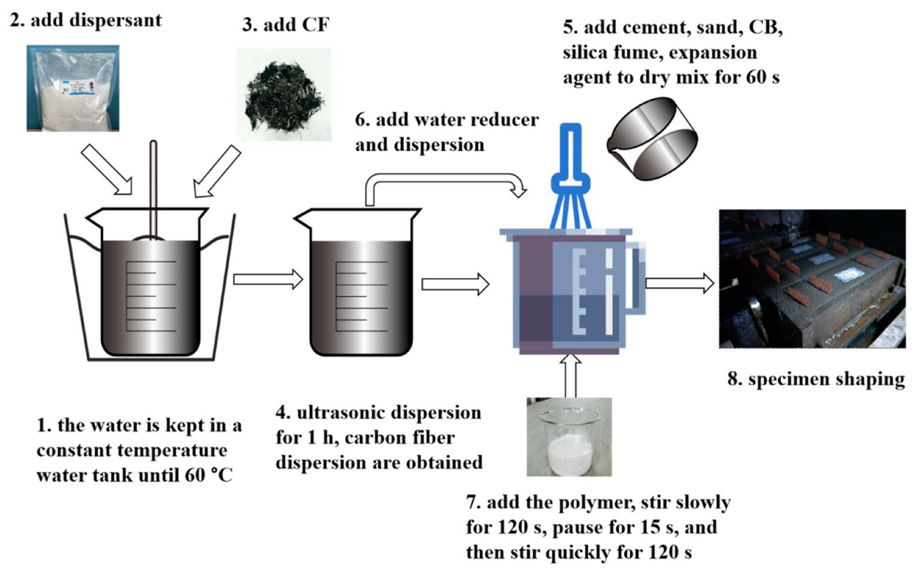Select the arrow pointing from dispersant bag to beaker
tap(107, 170)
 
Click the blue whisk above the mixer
tap(570, 177)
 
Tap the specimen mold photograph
tap(812, 279)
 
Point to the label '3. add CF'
tap(285, 25)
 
